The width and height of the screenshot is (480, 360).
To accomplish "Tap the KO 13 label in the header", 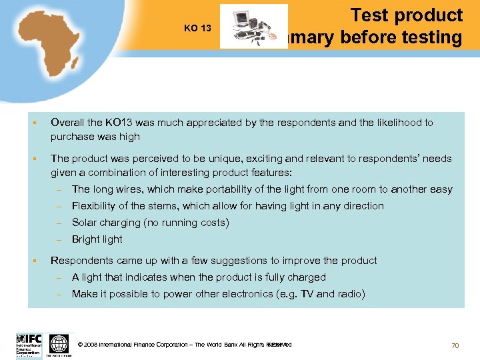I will (x=197, y=28).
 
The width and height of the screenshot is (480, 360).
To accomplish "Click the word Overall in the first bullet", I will (x=67, y=123).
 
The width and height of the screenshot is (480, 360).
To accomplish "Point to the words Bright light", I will (x=97, y=239).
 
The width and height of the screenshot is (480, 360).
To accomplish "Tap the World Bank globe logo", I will (x=59, y=344).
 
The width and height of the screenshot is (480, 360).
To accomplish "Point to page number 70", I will (x=455, y=345).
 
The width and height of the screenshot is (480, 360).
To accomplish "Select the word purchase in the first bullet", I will (x=71, y=137).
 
